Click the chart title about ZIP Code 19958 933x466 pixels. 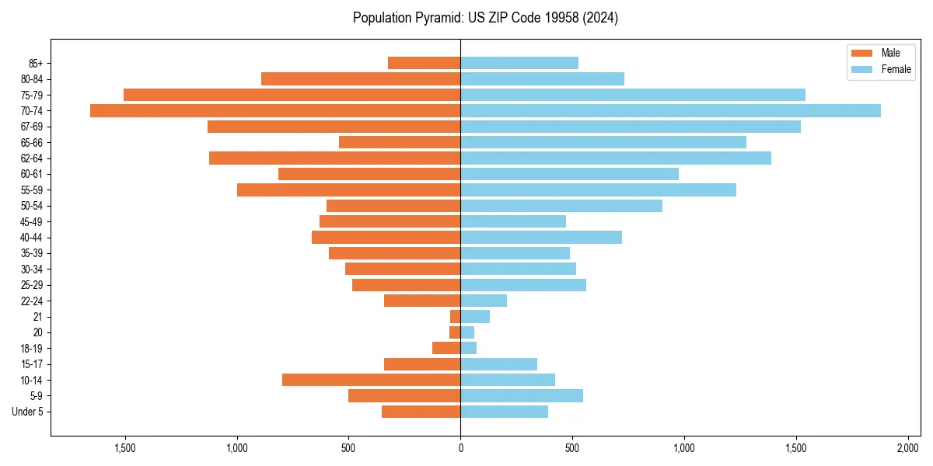tap(485, 18)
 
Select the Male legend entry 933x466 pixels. tap(890, 53)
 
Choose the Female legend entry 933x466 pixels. tap(896, 69)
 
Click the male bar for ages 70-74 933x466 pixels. tap(275, 111)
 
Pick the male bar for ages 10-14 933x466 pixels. tap(371, 380)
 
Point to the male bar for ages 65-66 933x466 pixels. tap(400, 142)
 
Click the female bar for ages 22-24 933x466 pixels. tap(484, 301)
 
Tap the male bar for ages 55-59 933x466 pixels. tap(348, 190)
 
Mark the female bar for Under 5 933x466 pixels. tap(504, 412)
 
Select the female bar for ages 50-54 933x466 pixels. tap(561, 206)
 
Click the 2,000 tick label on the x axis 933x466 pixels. tap(908, 447)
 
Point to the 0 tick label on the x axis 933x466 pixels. tap(460, 447)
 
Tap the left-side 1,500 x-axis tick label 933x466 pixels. tap(125, 447)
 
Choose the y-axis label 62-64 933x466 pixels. tap(32, 158)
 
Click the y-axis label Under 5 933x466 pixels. tap(27, 412)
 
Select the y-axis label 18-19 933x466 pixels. tap(32, 348)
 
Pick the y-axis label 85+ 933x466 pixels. tap(35, 63)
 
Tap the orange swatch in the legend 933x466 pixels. tap(861, 53)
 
